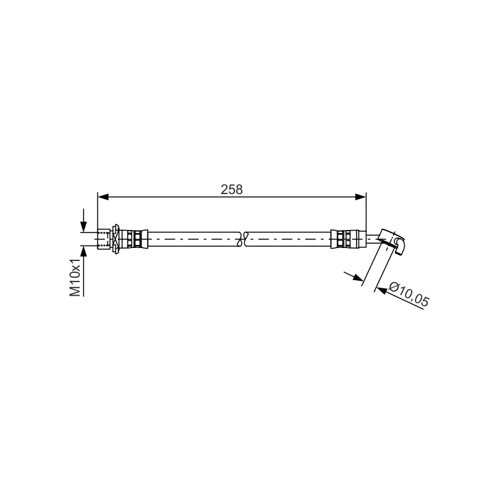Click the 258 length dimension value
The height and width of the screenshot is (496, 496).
pos(231,189)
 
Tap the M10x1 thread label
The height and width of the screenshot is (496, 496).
pos(75,277)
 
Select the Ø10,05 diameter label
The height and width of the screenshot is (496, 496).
pos(409,295)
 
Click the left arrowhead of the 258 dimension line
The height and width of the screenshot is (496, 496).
pos(103,197)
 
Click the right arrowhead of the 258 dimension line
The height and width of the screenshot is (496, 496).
pos(360,197)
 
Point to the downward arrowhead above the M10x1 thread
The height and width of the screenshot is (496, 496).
pos(84,226)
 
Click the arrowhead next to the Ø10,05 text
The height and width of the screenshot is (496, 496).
pos(382,290)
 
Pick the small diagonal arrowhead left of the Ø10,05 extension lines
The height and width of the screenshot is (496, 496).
pos(358,277)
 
